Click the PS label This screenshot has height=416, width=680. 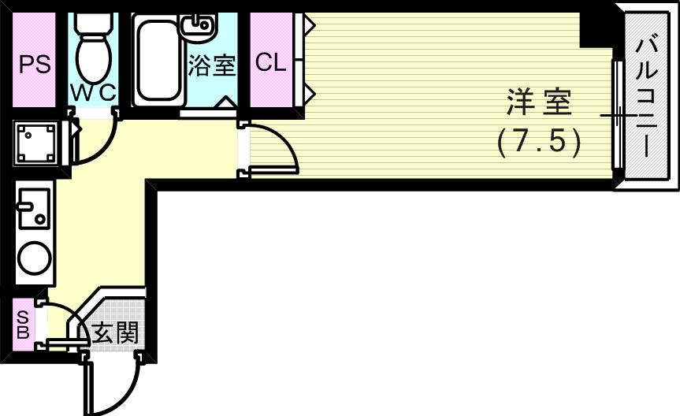(34, 64)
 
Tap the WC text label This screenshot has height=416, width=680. (93, 93)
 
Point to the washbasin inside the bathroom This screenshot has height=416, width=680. (196, 26)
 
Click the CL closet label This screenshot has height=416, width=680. (270, 63)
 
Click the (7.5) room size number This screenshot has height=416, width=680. (540, 142)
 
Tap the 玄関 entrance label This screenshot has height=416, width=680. (116, 333)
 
